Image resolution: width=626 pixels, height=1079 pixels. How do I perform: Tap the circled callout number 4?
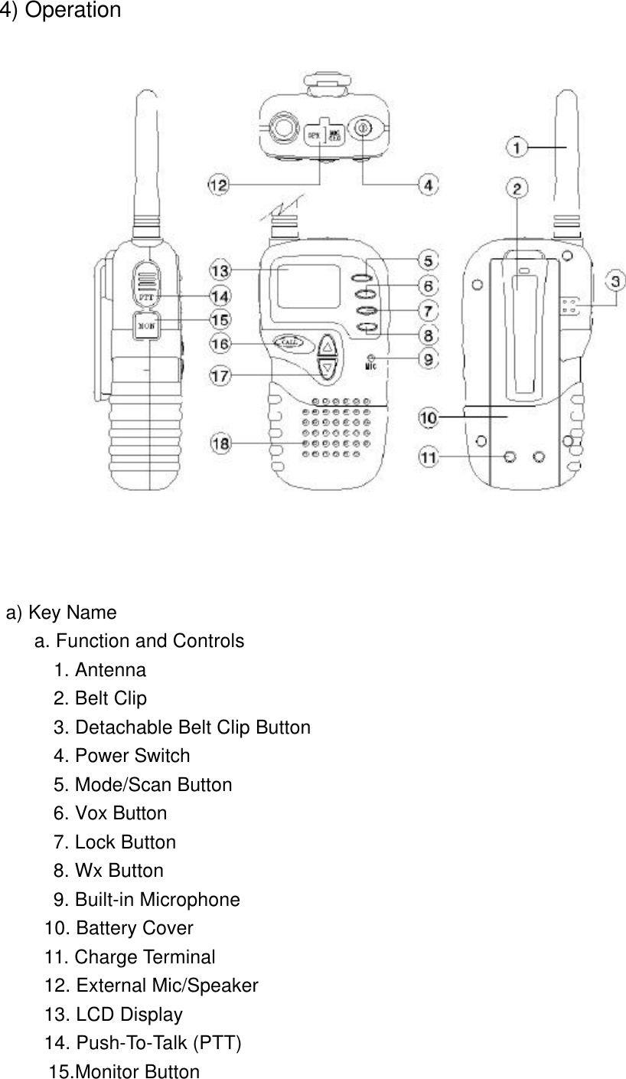pyautogui.click(x=429, y=184)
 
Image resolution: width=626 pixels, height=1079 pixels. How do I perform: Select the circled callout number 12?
pyautogui.click(x=218, y=184)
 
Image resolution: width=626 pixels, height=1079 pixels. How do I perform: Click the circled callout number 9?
pyautogui.click(x=428, y=358)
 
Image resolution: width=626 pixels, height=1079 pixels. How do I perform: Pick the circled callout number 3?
pyautogui.click(x=617, y=280)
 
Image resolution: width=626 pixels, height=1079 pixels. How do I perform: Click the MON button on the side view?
pyautogui.click(x=145, y=325)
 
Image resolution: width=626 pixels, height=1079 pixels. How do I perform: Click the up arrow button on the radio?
pyautogui.click(x=328, y=345)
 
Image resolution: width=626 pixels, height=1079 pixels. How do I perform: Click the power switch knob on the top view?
pyautogui.click(x=362, y=129)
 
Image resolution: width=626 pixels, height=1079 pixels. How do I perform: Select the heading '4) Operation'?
pyautogui.click(x=60, y=11)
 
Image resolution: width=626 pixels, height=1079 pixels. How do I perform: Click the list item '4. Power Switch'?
pyautogui.click(x=122, y=756)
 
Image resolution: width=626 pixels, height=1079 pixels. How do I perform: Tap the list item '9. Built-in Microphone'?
pyautogui.click(x=146, y=900)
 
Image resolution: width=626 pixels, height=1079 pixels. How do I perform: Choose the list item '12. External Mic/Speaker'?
pyautogui.click(x=152, y=986)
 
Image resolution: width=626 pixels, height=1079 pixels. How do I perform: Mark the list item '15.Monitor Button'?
pyautogui.click(x=124, y=1072)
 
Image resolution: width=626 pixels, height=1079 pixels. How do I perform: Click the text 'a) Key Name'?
pyautogui.click(x=62, y=613)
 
